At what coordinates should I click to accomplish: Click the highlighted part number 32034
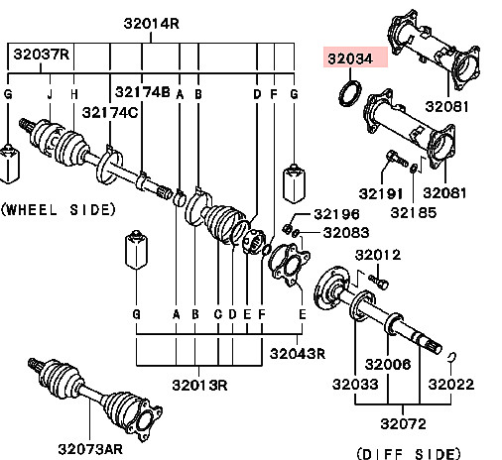point(350,58)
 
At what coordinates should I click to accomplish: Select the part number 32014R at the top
point(152,24)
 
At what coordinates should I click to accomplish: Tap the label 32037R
point(42,55)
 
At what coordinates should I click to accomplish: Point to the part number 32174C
point(110,113)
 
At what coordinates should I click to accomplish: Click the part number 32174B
point(143,92)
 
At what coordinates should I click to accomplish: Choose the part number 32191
point(381,193)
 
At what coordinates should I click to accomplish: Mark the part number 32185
point(414,213)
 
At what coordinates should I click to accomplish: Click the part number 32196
point(336,214)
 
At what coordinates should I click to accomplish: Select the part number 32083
point(346,233)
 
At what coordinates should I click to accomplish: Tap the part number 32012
point(378,255)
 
